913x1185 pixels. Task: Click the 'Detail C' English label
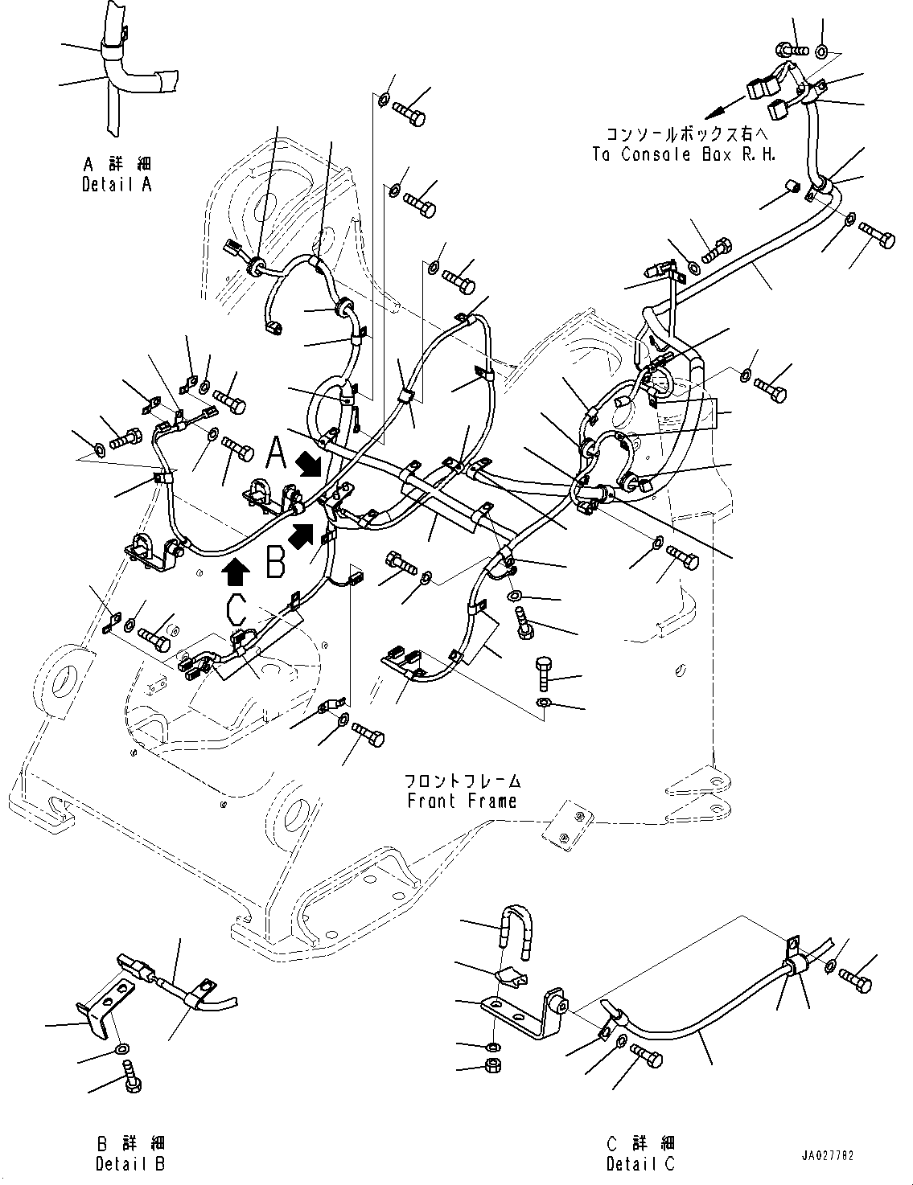pyautogui.click(x=641, y=1162)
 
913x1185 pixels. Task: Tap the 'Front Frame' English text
pyautogui.click(x=462, y=801)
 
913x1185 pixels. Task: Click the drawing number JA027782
pyautogui.click(x=827, y=1155)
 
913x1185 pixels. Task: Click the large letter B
pyautogui.click(x=276, y=563)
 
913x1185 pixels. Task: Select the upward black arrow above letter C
pyautogui.click(x=235, y=571)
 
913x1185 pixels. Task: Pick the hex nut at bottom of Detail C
pyautogui.click(x=492, y=1066)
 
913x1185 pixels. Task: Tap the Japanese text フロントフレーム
pyautogui.click(x=462, y=781)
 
